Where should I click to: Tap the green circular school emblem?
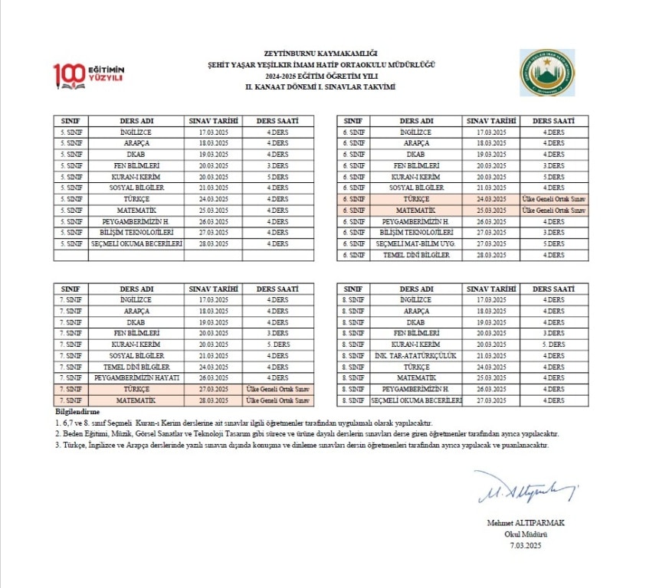tap(547, 73)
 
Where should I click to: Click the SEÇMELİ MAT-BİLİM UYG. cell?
tap(416, 243)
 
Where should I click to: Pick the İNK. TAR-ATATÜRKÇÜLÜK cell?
tap(416, 356)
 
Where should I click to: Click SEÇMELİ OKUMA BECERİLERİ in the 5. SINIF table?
tap(136, 243)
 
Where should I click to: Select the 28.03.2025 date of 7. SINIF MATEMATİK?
tap(213, 400)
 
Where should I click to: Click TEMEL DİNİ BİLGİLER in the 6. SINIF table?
tap(416, 255)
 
